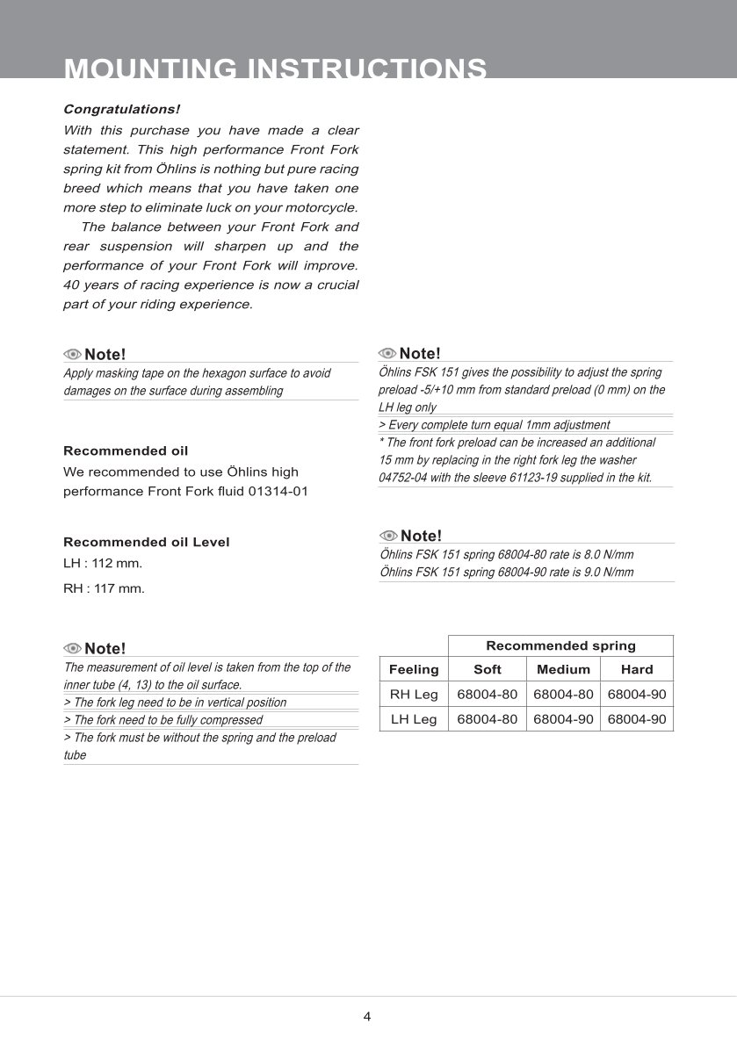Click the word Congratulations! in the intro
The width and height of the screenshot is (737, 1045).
(x=121, y=110)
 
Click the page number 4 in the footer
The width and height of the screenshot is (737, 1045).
(x=367, y=1017)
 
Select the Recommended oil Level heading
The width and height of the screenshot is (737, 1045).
(x=147, y=542)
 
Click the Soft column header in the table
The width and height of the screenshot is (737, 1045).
(x=487, y=669)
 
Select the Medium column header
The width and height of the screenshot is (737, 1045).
(x=563, y=669)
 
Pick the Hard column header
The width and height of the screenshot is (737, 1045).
(x=637, y=669)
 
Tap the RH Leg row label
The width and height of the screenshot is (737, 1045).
(x=414, y=694)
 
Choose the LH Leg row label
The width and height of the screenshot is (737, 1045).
(x=414, y=719)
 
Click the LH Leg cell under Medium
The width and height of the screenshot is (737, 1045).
(x=563, y=719)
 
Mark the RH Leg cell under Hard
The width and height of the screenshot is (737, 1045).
(x=637, y=694)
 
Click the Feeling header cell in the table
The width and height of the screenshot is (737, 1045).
(x=414, y=669)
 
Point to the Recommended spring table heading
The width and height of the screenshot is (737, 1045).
(x=560, y=645)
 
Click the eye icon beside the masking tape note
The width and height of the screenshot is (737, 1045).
(x=72, y=355)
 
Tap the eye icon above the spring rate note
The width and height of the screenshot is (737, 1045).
(x=388, y=536)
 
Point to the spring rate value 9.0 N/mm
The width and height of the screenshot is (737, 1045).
(x=607, y=572)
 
